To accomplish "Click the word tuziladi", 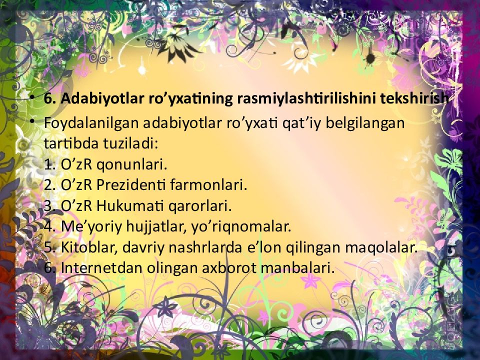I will (132, 144).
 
